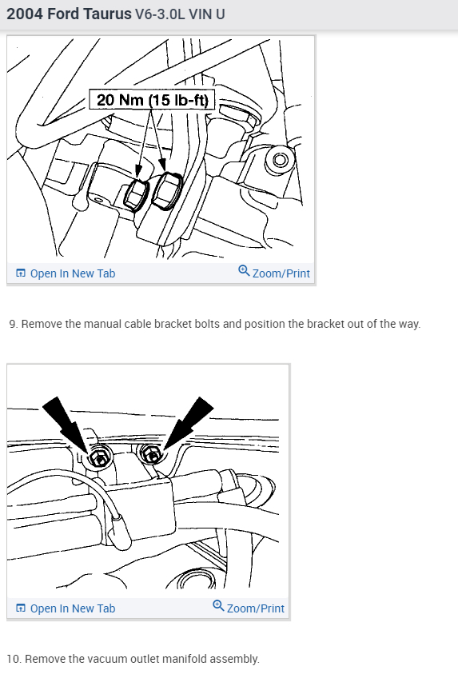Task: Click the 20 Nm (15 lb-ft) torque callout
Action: tap(152, 99)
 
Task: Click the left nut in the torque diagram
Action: tap(136, 194)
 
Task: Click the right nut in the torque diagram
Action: tap(167, 189)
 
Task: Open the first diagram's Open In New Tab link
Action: tap(66, 273)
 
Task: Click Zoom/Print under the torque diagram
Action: tap(274, 273)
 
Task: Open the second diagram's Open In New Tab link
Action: tap(66, 608)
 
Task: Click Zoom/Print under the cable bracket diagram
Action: tap(249, 608)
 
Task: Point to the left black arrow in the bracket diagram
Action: tap(66, 422)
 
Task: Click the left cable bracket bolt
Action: tap(99, 458)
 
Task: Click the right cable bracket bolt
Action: tap(152, 454)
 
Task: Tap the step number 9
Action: tap(14, 324)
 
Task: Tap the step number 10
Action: tap(14, 659)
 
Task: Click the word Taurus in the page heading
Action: tap(107, 14)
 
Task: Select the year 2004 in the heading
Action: tap(25, 14)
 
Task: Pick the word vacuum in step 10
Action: tap(104, 659)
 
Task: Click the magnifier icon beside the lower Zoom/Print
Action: tap(218, 605)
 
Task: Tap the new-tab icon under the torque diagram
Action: tap(21, 273)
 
